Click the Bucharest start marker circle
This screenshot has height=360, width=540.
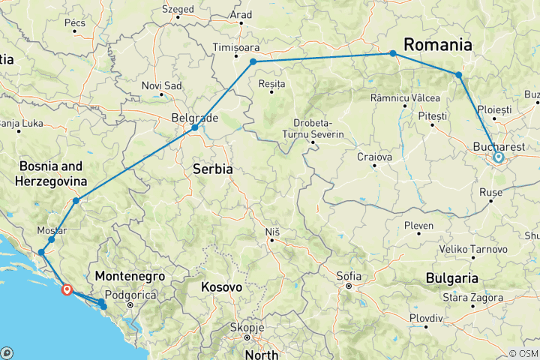tap(498, 157)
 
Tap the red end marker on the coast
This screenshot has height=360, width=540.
tap(67, 289)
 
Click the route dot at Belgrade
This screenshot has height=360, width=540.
tap(194, 127)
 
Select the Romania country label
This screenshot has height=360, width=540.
tap(438, 44)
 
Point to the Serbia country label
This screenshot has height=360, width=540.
tap(213, 169)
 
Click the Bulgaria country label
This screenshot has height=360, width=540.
tap(452, 278)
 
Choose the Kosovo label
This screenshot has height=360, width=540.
tap(221, 286)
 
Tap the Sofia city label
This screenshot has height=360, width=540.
tap(349, 276)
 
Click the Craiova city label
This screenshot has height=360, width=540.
tap(375, 157)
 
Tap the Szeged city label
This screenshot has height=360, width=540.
tap(178, 10)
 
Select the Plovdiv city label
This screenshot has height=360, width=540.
tap(427, 319)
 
